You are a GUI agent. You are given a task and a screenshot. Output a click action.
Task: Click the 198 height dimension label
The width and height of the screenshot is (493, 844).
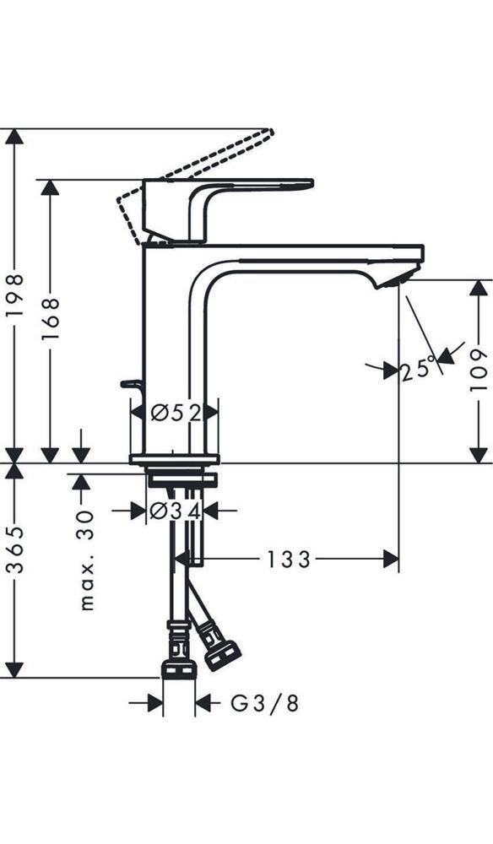[x=15, y=295]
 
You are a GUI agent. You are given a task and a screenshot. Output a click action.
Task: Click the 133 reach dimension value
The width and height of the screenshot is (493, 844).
[x=289, y=559]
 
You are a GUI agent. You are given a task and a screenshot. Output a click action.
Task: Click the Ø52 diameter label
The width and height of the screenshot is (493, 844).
[x=174, y=413]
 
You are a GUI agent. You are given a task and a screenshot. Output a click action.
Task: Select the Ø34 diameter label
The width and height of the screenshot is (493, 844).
[x=174, y=511]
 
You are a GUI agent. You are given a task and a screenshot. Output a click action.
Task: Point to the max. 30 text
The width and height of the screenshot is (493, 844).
[x=86, y=559]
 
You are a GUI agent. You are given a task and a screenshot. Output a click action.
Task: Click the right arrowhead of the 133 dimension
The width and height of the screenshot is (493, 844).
[x=390, y=559]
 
